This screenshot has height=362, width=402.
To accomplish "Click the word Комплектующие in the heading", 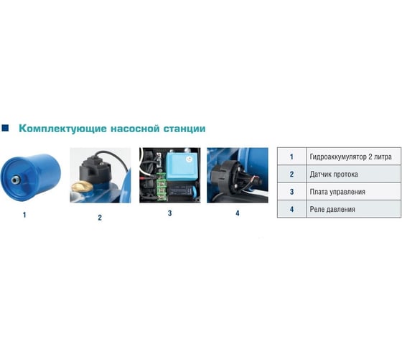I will pyautogui.click(x=61, y=129).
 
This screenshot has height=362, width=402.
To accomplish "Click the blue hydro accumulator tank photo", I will pyautogui.click(x=35, y=175).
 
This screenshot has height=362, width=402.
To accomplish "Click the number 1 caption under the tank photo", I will pyautogui.click(x=25, y=214).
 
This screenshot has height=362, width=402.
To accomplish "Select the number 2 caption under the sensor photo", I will pyautogui.click(x=100, y=217).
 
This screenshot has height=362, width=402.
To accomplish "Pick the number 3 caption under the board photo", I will pyautogui.click(x=170, y=213).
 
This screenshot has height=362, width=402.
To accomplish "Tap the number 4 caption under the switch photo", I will pyautogui.click(x=238, y=213).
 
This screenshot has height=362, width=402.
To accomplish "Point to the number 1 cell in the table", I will pyautogui.click(x=291, y=156).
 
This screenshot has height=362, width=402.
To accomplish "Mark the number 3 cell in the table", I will pyautogui.click(x=291, y=192).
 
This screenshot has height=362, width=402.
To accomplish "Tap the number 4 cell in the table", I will pyautogui.click(x=291, y=210).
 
